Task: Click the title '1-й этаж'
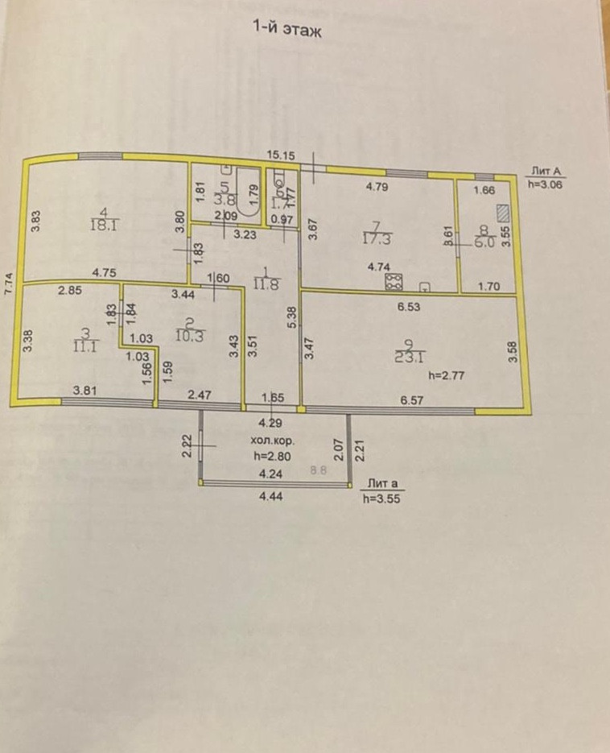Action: tap(287, 30)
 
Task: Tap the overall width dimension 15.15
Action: tap(282, 154)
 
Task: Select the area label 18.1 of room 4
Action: tap(106, 227)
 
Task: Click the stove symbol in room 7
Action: tap(394, 282)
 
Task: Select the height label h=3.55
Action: tap(381, 498)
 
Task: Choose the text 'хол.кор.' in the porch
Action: tap(270, 441)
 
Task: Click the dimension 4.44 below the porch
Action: tap(270, 498)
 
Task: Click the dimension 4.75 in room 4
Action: tap(104, 273)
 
